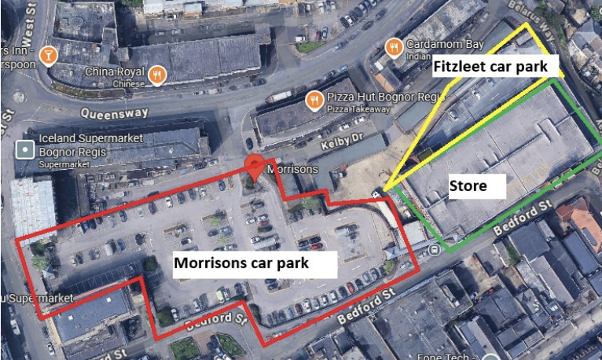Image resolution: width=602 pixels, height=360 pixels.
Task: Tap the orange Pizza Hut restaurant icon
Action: coord(314,99)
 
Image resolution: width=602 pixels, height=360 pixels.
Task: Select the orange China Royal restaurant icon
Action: coord(158,74)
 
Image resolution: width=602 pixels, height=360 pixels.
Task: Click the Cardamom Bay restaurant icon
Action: coord(395,45)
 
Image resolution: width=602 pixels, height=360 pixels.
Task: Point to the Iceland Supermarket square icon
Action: coord(27,147)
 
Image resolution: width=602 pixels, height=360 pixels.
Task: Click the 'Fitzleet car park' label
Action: coord(490,67)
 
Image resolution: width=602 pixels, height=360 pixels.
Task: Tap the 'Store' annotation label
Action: coord(468,186)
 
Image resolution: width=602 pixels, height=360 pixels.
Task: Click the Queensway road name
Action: coord(121,113)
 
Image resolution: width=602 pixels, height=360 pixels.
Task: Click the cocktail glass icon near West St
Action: coord(49,57)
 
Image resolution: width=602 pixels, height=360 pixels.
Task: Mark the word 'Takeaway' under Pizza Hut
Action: coord(363,108)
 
